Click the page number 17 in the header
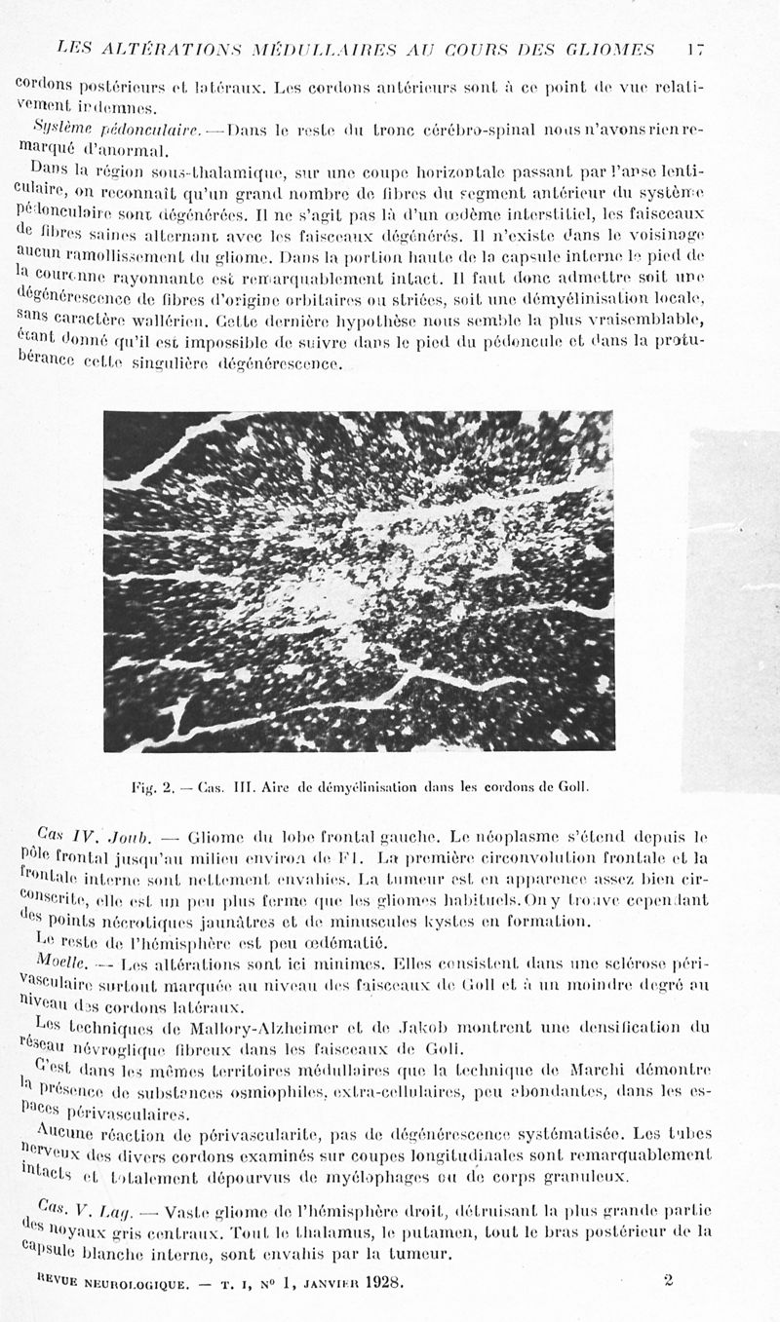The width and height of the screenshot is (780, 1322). click(694, 48)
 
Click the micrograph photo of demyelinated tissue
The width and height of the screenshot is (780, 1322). click(359, 582)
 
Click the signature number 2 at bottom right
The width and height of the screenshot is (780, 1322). click(668, 1280)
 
